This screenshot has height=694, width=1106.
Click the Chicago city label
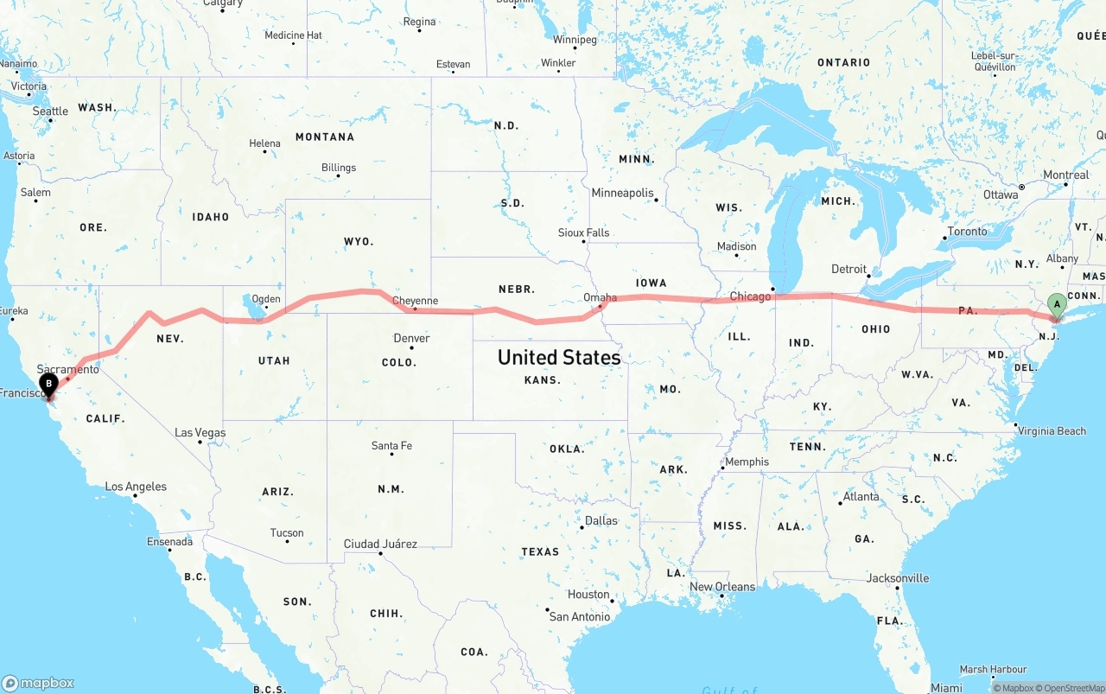[750, 296]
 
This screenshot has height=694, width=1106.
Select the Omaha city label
[600, 297]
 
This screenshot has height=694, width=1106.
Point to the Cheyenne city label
[415, 301]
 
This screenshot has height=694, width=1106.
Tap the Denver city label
[411, 338]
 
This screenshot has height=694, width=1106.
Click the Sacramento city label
[67, 369]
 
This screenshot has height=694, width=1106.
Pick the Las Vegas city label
[200, 432]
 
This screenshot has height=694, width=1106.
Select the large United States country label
[559, 357]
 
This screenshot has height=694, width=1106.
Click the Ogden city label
[266, 299]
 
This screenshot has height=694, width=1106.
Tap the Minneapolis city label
[622, 193]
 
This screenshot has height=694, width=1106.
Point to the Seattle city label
[50, 111]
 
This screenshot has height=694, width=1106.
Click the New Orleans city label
[721, 586]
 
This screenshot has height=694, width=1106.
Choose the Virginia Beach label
[1052, 430]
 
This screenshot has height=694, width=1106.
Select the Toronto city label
[967, 232]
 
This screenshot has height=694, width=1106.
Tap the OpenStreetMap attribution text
[1068, 688]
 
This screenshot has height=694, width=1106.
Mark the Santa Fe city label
[391, 446]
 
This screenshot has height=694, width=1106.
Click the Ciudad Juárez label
[380, 544]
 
